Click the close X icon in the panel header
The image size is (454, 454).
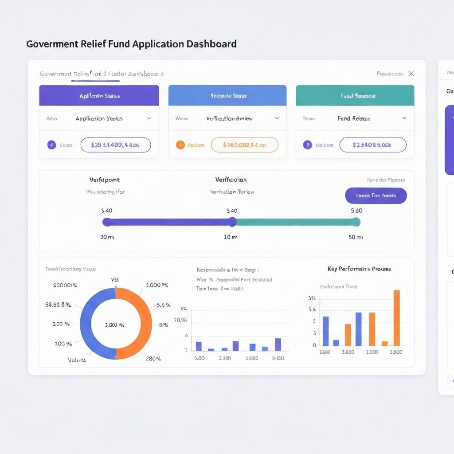[x=411, y=74]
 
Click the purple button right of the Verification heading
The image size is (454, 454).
[x=376, y=196]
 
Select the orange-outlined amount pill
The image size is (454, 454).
[x=244, y=145]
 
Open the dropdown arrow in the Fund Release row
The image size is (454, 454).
[x=404, y=118]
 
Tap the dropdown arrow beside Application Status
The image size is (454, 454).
[x=149, y=118]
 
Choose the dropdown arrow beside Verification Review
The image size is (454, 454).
[x=277, y=118]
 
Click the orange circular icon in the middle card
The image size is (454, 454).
[x=180, y=145]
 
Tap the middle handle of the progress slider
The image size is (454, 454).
[x=232, y=222]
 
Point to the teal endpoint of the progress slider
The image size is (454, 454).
[x=356, y=222]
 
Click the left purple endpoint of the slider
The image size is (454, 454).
[x=107, y=222]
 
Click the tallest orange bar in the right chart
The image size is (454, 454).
[x=397, y=317]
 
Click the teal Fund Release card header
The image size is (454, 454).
[x=355, y=95]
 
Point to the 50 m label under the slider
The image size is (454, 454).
[x=356, y=237]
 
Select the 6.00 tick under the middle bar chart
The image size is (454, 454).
[x=278, y=358]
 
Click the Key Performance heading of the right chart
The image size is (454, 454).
[x=359, y=269]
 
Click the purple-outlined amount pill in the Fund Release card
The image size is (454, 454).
[x=372, y=145]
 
